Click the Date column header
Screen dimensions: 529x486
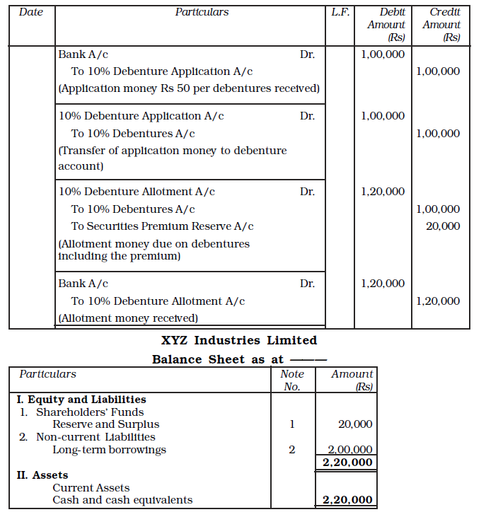30,12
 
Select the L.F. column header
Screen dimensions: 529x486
340,12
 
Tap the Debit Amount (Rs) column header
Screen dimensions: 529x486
386,25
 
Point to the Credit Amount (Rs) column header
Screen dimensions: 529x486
441,25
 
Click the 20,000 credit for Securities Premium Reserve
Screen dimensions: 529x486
443,226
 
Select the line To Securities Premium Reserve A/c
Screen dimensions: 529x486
162,226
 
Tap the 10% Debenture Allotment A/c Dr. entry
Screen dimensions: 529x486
137,192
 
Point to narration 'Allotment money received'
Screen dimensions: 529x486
128,318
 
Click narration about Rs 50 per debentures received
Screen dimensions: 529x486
189,88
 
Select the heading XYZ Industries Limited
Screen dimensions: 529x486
239,341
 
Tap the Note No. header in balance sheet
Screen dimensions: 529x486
292,380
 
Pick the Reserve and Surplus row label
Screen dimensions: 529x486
105,424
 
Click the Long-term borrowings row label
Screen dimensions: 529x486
109,450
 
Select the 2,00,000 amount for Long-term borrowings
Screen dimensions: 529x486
350,450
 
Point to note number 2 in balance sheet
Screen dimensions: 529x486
291,450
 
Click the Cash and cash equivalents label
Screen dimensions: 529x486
122,500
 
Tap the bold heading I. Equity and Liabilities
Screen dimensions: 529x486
81,400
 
